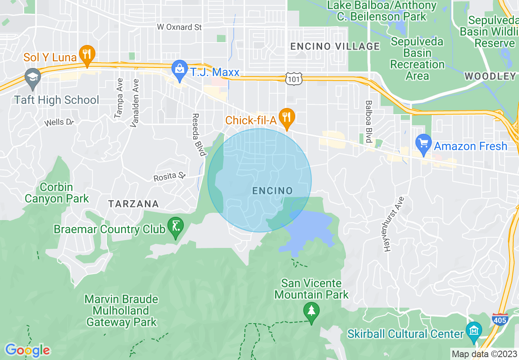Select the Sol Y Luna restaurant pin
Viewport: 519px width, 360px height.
click(x=87, y=56)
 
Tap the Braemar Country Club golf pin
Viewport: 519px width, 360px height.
click(x=176, y=227)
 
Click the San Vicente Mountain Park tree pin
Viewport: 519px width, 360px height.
click(x=311, y=312)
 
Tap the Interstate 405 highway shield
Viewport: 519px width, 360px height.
click(x=500, y=319)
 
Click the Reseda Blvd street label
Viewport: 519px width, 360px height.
click(x=198, y=135)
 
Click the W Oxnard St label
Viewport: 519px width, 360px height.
click(x=180, y=27)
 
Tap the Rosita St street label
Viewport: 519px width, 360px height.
click(x=170, y=177)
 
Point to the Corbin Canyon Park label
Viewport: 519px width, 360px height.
click(x=56, y=193)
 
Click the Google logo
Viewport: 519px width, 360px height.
click(x=27, y=350)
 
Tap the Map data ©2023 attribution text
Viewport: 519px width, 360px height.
click(x=484, y=354)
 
